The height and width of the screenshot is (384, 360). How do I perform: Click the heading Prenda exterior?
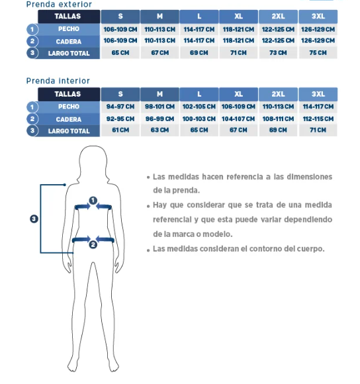pyautogui.click(x=59, y=4)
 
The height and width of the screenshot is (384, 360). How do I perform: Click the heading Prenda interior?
pyautogui.click(x=58, y=81)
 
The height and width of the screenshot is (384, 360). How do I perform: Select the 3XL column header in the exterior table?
pyautogui.click(x=318, y=17)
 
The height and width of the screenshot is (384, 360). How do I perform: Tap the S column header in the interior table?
pyautogui.click(x=120, y=94)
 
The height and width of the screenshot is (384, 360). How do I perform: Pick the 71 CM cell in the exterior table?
pyautogui.click(x=238, y=53)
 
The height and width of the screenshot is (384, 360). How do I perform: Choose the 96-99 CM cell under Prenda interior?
pyautogui.click(x=159, y=119)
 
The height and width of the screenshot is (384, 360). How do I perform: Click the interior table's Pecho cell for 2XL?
pyautogui.click(x=278, y=107)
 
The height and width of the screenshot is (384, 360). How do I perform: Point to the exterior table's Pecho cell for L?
pyautogui.click(x=199, y=30)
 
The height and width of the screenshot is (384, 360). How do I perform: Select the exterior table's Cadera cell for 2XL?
pyautogui.click(x=278, y=40)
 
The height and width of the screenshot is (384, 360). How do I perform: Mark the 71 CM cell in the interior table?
pyautogui.click(x=318, y=130)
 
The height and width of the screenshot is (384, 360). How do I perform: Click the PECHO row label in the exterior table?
pyautogui.click(x=69, y=29)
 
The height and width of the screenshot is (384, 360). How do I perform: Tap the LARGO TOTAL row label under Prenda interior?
pyautogui.click(x=69, y=131)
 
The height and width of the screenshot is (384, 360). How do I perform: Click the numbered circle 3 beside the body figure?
pyautogui.click(x=34, y=218)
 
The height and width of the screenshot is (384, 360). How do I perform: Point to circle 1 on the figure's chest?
pyautogui.click(x=93, y=201)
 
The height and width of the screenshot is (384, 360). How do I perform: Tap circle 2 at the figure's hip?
pyautogui.click(x=93, y=244)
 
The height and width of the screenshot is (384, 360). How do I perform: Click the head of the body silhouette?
pyautogui.click(x=93, y=160)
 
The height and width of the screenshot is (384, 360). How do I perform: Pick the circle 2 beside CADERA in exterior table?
pyautogui.click(x=32, y=41)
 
